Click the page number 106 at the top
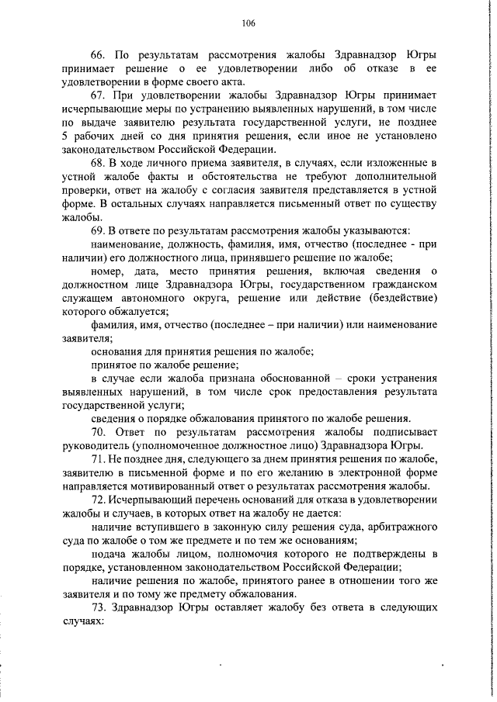[248, 24]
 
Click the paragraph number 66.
[98, 56]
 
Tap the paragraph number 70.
[98, 431]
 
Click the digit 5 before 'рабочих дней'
[65, 136]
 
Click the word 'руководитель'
[95, 445]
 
